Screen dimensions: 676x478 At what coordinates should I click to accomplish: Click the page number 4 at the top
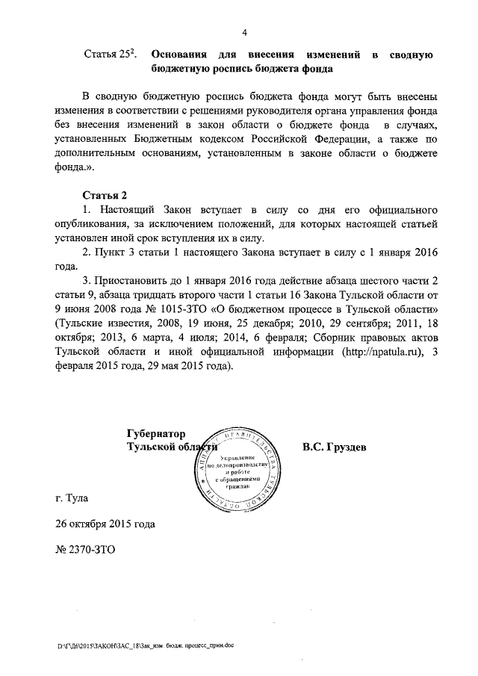(x=243, y=31)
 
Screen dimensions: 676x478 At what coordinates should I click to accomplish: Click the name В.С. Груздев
(x=335, y=447)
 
